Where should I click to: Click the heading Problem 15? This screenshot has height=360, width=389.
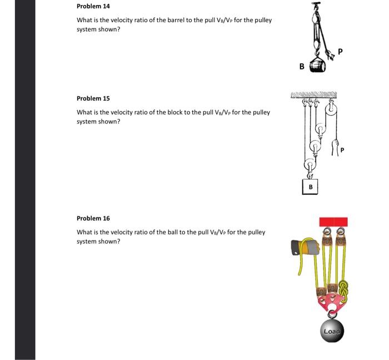pyautogui.click(x=93, y=98)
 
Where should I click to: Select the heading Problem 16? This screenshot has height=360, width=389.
pyautogui.click(x=93, y=219)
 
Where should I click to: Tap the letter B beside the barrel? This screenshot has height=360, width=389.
pyautogui.click(x=302, y=66)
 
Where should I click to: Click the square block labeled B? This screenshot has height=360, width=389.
pyautogui.click(x=310, y=186)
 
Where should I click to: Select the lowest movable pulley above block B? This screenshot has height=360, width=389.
pyautogui.click(x=310, y=165)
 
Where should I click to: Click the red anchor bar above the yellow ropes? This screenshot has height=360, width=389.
pyautogui.click(x=333, y=222)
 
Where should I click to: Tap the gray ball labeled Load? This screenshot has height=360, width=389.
pyautogui.click(x=332, y=331)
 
